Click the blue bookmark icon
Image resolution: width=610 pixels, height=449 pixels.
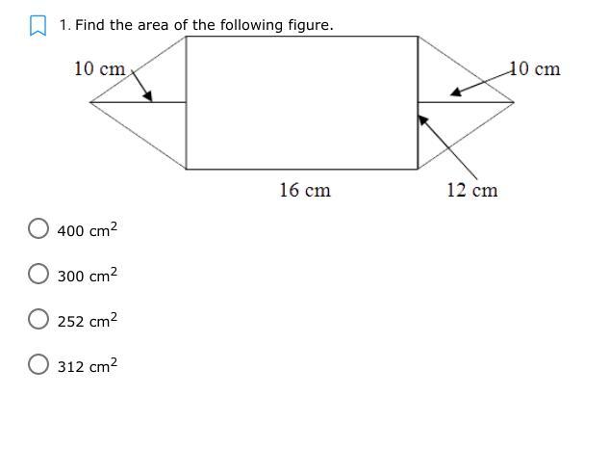click(x=38, y=25)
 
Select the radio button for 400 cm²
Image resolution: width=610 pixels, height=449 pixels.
click(x=38, y=228)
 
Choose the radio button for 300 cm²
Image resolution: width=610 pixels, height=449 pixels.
click(x=38, y=274)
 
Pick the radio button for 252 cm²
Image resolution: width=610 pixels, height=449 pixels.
click(x=38, y=319)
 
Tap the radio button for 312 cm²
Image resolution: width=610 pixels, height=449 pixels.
click(x=38, y=364)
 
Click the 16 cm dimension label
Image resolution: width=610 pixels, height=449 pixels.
click(x=305, y=190)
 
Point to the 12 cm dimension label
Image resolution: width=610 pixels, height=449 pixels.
click(x=471, y=190)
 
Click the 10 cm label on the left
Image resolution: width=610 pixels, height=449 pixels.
click(x=100, y=69)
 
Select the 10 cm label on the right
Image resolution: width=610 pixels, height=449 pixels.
click(x=535, y=69)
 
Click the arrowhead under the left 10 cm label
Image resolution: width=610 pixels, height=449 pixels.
click(x=148, y=96)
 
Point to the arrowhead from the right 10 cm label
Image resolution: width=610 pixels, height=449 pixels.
click(x=455, y=92)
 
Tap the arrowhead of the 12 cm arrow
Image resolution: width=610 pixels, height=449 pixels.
click(x=423, y=119)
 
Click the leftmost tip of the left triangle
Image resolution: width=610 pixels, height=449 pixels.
click(x=90, y=102)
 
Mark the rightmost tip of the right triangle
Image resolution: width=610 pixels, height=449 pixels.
click(x=514, y=102)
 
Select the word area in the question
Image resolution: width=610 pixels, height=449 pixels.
click(x=153, y=26)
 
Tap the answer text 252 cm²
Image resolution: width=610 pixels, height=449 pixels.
click(x=88, y=320)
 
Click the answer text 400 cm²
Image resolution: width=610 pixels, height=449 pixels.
click(x=88, y=229)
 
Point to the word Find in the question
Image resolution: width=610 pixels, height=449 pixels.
click(x=89, y=25)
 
